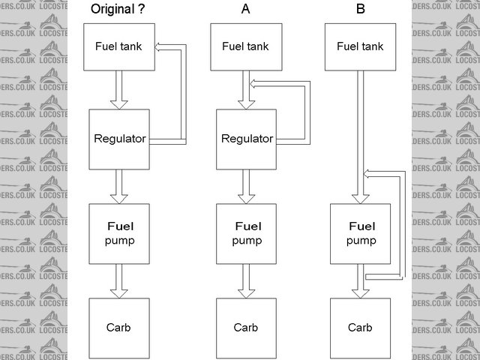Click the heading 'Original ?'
[118, 10]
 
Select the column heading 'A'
[245, 10]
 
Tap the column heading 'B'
[361, 10]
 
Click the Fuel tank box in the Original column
[118, 46]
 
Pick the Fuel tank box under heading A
[245, 46]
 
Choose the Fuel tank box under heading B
[360, 46]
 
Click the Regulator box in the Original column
[118, 139]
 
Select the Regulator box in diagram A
[246, 139]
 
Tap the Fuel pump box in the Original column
[118, 233]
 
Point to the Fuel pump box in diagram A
[246, 233]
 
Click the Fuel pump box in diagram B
[360, 233]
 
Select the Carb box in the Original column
[118, 328]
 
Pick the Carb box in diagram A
[246, 328]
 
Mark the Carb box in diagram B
[360, 328]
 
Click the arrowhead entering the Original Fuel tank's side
[159, 47]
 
